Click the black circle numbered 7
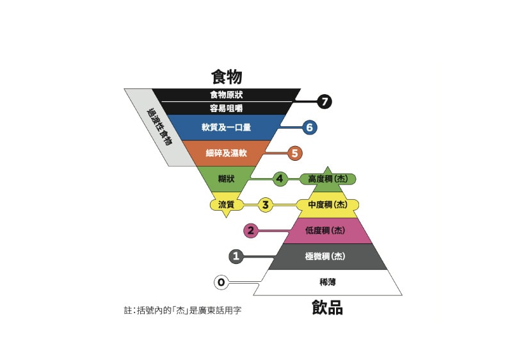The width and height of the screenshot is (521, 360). [325, 101]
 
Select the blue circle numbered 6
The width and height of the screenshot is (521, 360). [309, 127]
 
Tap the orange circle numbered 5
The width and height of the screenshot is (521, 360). [294, 153]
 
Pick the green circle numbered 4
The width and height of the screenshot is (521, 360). [280, 179]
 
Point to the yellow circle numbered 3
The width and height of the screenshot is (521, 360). [266, 205]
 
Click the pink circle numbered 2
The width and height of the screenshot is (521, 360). [251, 231]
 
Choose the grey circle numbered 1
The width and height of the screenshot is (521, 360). [236, 256]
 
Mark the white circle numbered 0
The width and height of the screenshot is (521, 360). [221, 282]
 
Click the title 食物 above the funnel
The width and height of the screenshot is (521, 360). [227, 77]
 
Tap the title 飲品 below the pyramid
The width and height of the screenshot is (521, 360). [327, 307]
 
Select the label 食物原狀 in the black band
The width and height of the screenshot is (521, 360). [227, 95]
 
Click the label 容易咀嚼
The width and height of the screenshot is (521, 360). [227, 108]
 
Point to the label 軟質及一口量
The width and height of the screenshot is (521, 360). [227, 127]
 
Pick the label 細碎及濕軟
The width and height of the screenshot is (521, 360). [227, 153]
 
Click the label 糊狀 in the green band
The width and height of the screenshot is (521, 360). [227, 179]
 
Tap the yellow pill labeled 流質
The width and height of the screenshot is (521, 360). [227, 205]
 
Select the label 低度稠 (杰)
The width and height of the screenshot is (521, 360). [325, 231]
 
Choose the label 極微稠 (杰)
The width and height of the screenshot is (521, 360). [325, 256]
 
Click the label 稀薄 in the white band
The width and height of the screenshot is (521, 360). [328, 282]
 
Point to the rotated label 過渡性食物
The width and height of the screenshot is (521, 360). [159, 127]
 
